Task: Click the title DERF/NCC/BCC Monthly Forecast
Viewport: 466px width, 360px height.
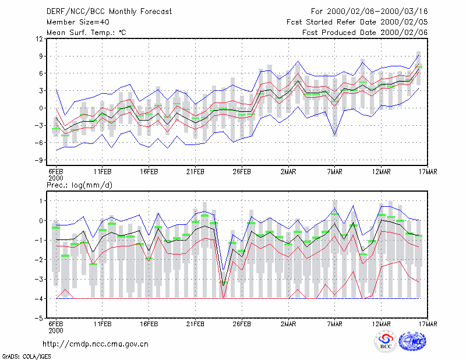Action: [109, 12]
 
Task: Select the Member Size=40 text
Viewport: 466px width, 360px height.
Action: [78, 22]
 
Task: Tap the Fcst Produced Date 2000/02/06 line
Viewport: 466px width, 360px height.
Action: [365, 33]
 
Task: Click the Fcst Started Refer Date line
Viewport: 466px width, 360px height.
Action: [357, 22]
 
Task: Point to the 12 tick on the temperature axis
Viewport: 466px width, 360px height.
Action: [40, 39]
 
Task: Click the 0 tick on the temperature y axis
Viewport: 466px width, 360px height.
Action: [41, 108]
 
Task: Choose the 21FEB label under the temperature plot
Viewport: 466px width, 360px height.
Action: [195, 172]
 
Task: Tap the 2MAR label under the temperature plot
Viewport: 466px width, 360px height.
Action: [288, 172]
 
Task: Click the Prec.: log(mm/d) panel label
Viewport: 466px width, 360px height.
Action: [80, 185]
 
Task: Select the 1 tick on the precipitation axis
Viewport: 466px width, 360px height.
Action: [41, 201]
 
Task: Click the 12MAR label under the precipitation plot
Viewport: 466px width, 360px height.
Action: [382, 324]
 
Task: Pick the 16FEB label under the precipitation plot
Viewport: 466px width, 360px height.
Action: [149, 324]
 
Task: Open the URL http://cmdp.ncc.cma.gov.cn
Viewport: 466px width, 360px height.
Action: [96, 344]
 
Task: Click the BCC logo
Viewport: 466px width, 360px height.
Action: [386, 342]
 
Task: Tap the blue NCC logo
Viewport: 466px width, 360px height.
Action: [412, 341]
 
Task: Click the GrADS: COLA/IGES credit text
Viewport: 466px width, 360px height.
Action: [27, 357]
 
